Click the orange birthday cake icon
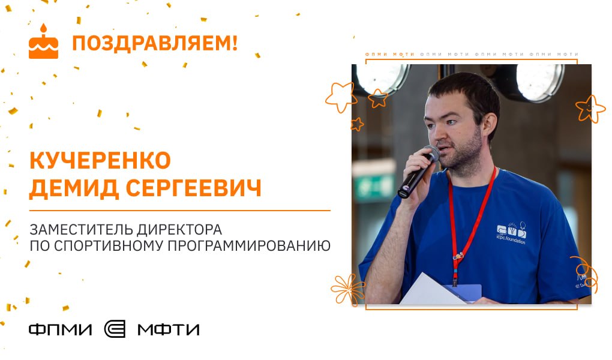tap(43, 42)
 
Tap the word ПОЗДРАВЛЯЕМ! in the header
tap(155, 43)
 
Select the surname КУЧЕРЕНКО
tap(100, 160)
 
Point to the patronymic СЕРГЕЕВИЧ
tap(194, 188)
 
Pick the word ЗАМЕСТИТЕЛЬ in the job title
tap(81, 229)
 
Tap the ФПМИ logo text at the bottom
tap(61, 330)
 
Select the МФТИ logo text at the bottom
tap(169, 330)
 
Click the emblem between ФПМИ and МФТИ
tap(115, 329)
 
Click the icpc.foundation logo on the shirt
tap(511, 233)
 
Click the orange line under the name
tap(180, 211)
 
